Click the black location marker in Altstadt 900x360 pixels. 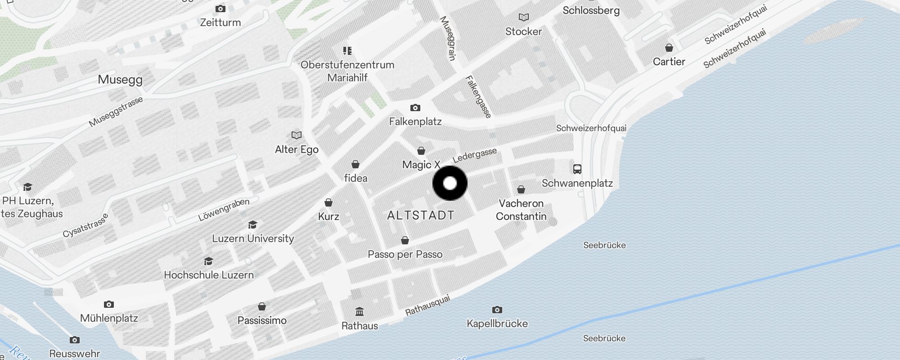tap(450, 183)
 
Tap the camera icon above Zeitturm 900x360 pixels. tap(220, 9)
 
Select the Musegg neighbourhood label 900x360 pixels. tap(120, 80)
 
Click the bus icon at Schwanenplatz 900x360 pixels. tap(577, 169)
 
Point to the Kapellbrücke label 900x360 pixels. tap(497, 324)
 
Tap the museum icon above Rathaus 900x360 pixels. tap(360, 311)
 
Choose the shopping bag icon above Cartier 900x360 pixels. tap(669, 48)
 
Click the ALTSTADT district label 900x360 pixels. tap(421, 215)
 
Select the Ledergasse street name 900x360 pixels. tap(475, 155)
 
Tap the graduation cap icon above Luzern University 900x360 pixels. tap(253, 225)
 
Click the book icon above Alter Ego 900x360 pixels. tap(296, 135)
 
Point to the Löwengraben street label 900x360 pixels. tap(224, 210)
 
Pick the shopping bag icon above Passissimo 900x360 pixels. tap(262, 306)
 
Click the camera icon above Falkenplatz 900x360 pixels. tap(415, 108)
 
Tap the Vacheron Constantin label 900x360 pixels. tap(521, 210)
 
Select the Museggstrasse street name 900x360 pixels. tap(116, 112)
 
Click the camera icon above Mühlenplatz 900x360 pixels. tap(109, 304)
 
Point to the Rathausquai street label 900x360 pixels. tap(427, 305)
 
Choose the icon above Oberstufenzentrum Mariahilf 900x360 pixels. tap(347, 50)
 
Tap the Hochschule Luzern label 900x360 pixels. tap(209, 275)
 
